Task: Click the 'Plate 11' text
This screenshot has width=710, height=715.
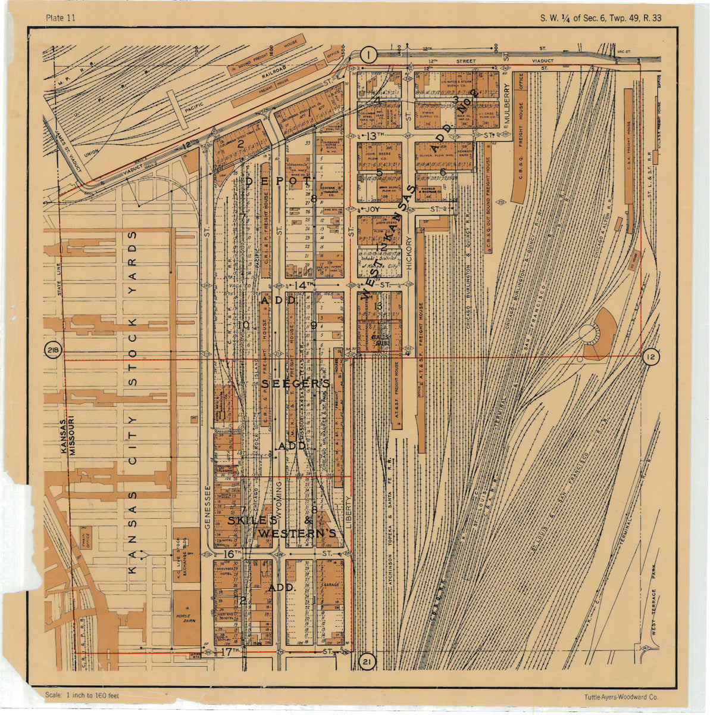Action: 60,17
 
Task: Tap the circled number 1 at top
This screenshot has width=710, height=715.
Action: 369,55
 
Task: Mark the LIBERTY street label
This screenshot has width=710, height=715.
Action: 349,509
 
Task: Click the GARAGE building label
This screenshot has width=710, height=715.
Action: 331,585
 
